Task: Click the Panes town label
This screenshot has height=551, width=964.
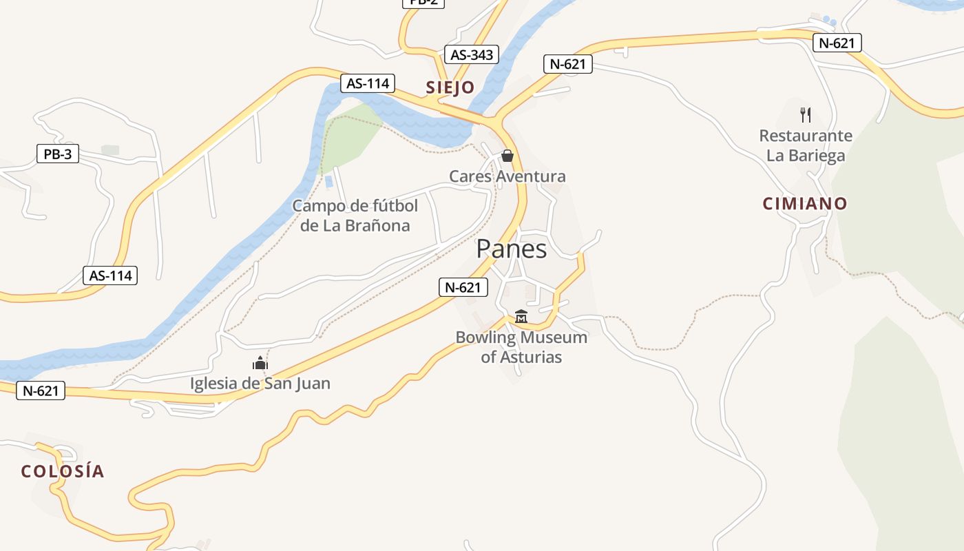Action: (x=511, y=249)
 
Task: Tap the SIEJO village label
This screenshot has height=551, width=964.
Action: (x=450, y=87)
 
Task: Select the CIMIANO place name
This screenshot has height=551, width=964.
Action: (x=804, y=204)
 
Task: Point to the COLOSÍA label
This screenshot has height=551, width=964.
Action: (x=63, y=472)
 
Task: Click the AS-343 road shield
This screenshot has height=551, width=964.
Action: (x=472, y=55)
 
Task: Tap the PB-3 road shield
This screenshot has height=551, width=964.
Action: (x=58, y=154)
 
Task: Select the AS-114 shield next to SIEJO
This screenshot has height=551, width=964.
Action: (x=368, y=83)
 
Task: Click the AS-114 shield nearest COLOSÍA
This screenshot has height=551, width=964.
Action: (x=110, y=275)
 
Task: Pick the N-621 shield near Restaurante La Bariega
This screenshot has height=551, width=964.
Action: (x=837, y=43)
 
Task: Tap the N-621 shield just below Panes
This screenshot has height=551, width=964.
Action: (x=463, y=287)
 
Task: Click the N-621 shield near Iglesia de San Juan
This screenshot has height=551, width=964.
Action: (x=41, y=391)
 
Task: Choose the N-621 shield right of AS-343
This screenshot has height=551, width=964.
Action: (x=567, y=64)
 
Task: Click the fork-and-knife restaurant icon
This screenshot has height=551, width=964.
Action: (x=806, y=114)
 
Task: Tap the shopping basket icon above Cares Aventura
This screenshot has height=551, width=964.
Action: (x=507, y=156)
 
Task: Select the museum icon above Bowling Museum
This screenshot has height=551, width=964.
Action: (x=521, y=317)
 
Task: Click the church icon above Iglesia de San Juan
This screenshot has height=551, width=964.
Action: (x=260, y=363)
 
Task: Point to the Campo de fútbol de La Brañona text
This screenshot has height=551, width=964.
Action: (x=355, y=216)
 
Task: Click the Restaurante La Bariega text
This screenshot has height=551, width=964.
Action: (x=806, y=145)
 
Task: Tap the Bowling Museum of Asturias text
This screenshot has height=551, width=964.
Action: (x=521, y=347)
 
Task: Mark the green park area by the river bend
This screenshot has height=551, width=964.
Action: (x=351, y=134)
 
